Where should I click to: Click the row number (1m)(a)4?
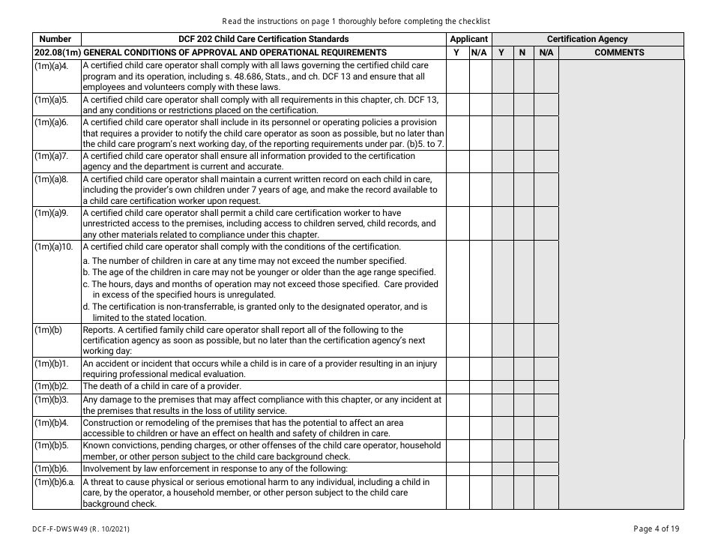[x=51, y=66]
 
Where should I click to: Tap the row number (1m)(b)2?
[x=51, y=387]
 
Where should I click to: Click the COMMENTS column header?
[x=619, y=52]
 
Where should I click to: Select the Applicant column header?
[x=468, y=39]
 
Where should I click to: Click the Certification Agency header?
[x=587, y=39]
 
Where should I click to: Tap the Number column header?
[x=55, y=39]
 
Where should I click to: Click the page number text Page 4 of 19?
[x=656, y=529]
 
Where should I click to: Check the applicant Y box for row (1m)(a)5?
[x=457, y=104]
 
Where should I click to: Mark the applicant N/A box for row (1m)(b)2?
[x=480, y=387]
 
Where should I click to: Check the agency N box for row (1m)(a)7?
[x=522, y=161]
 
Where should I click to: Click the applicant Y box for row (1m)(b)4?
[x=457, y=428]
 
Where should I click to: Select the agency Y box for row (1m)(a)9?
[x=502, y=223]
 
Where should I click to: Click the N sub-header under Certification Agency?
[x=522, y=52]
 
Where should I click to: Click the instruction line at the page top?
[x=356, y=21]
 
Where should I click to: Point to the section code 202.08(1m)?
[x=56, y=52]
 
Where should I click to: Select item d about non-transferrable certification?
[x=255, y=312]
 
